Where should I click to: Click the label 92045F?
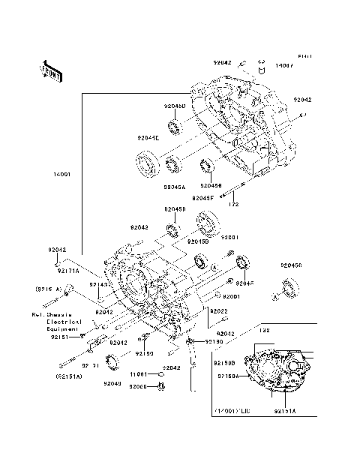coord(202,197)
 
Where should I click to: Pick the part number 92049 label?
coord(112,382)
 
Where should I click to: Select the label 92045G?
coord(292,265)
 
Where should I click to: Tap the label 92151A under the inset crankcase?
coord(284,412)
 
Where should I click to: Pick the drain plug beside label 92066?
coord(160,386)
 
